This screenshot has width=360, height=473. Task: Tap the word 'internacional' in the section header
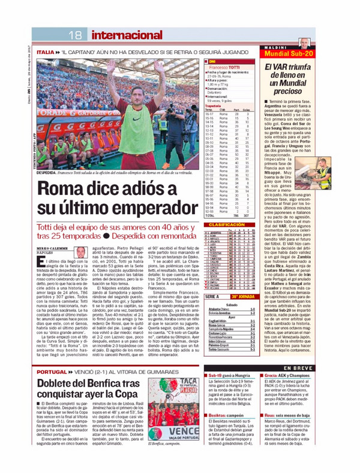click(x=114, y=35)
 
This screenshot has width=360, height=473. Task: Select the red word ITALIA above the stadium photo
click(x=45, y=53)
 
